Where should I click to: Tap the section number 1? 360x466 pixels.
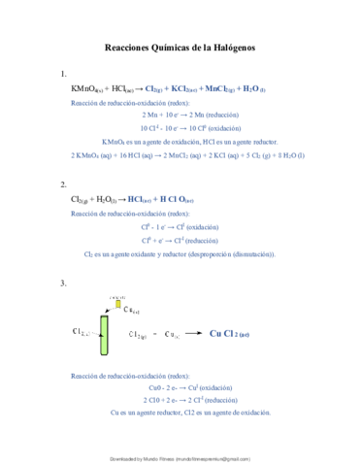pos(63,74)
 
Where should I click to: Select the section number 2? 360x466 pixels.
pos(63,183)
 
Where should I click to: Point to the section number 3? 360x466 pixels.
pos(63,283)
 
